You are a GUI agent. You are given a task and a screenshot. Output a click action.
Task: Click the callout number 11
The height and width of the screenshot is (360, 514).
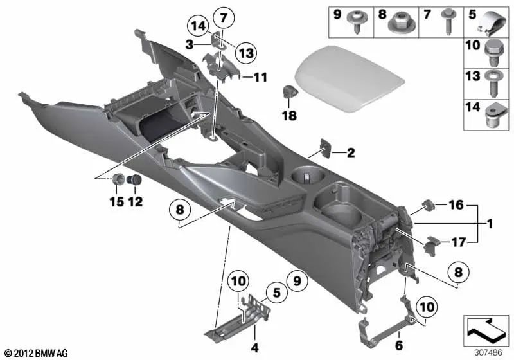pyautogui.click(x=259, y=78)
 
